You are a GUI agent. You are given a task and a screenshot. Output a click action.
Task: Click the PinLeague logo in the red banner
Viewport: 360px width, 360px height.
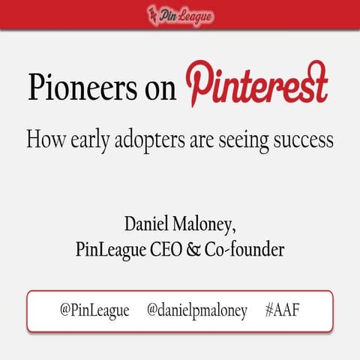[180, 14]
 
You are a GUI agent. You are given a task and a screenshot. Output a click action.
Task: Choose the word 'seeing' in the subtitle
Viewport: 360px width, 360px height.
[246, 141]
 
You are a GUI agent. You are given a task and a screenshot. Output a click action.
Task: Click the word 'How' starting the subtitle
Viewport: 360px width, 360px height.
[44, 139]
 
